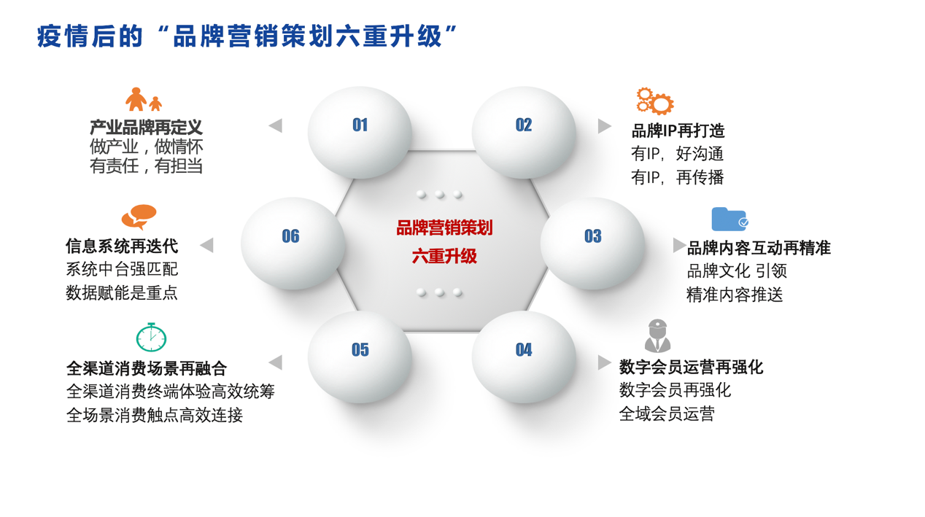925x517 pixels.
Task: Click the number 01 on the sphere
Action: (x=360, y=125)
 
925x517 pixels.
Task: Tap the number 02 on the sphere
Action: (x=524, y=125)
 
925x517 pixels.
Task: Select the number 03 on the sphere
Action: (x=592, y=236)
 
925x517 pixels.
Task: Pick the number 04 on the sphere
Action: (x=524, y=350)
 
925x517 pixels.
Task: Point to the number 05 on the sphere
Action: (x=360, y=350)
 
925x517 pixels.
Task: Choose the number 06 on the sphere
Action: (x=291, y=236)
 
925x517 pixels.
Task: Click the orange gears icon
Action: (x=654, y=101)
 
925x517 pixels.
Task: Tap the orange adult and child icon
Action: (x=143, y=99)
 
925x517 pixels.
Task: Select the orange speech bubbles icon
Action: (x=139, y=217)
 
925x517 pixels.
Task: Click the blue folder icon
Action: (x=729, y=219)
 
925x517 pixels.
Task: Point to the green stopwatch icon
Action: (x=151, y=338)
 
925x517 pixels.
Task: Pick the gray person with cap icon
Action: (x=657, y=335)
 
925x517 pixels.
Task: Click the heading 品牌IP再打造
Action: (x=678, y=131)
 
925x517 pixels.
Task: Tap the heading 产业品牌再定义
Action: (x=146, y=128)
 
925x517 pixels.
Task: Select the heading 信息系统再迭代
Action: (x=122, y=246)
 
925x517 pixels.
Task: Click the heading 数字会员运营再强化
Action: (x=691, y=367)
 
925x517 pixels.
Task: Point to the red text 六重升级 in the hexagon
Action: (x=444, y=256)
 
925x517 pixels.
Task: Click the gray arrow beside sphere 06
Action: (x=206, y=245)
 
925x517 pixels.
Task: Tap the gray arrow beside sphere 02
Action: (x=605, y=126)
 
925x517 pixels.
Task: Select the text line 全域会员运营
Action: (x=667, y=413)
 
